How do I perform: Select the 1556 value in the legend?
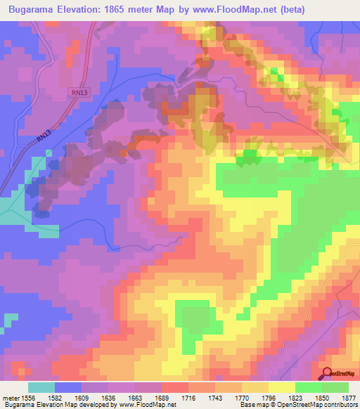point(28,398)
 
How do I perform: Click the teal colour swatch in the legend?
point(41,387)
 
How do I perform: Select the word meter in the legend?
point(10,398)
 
